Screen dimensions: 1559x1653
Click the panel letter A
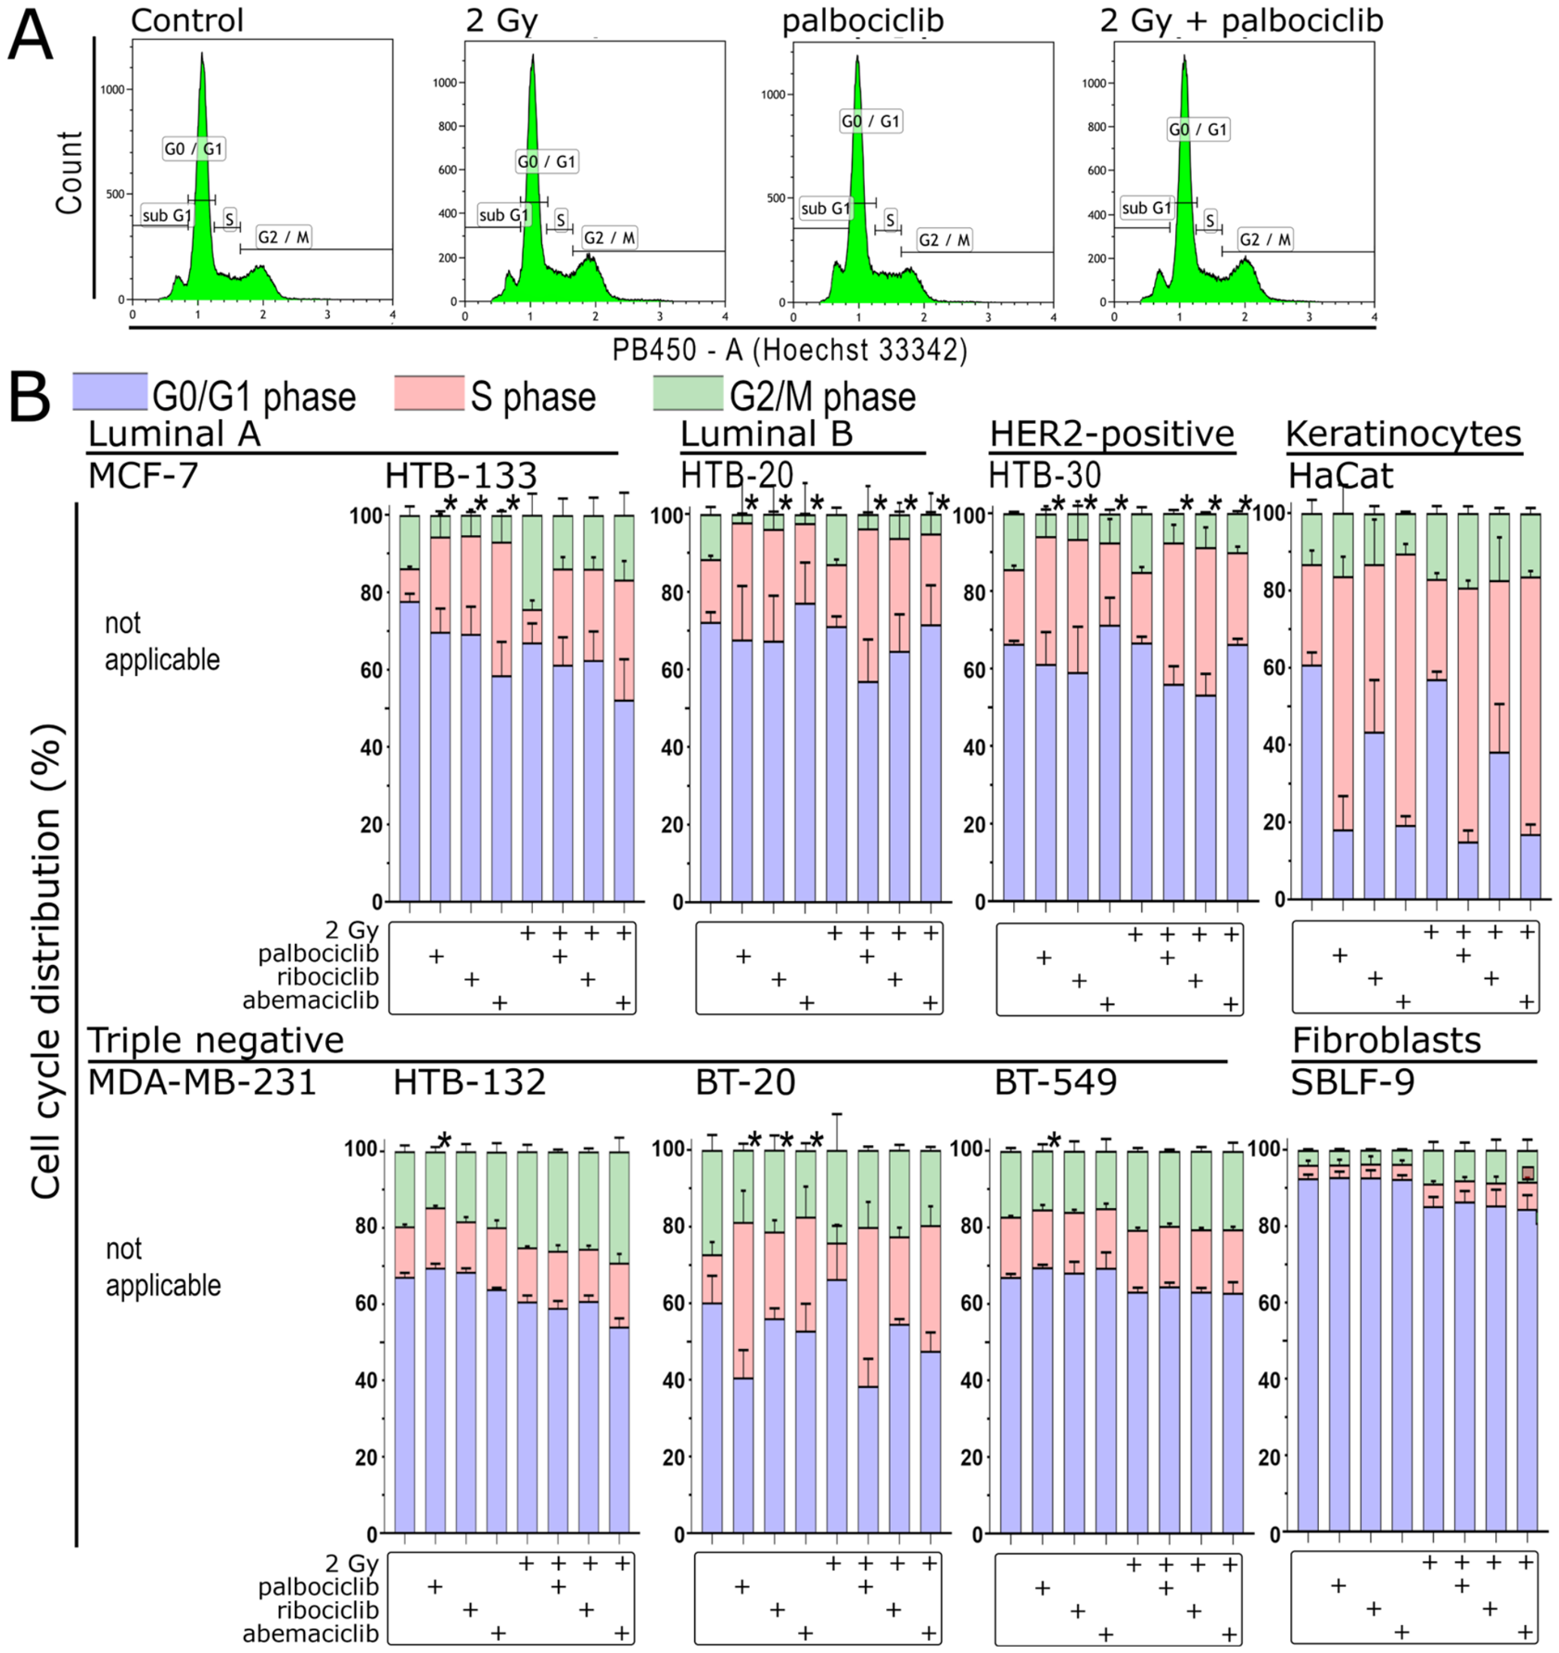coord(30,35)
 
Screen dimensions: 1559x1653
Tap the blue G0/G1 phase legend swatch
coord(109,392)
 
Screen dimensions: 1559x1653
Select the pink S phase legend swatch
coord(429,393)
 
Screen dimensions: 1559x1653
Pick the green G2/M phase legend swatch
coord(688,393)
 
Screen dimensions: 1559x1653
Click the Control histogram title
coord(187,20)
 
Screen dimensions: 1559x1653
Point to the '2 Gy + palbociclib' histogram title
coord(1241,20)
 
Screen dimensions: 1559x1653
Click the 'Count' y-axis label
coord(70,172)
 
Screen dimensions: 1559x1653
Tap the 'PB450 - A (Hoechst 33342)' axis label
coord(790,350)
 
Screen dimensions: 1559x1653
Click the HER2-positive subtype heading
coord(1112,434)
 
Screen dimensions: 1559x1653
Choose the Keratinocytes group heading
coord(1403,434)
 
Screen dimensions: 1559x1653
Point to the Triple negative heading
coord(216,1040)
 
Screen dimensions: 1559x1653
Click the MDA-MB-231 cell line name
coord(202,1082)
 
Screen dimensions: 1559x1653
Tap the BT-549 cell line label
coord(1056,1082)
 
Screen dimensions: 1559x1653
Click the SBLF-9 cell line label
coord(1352,1082)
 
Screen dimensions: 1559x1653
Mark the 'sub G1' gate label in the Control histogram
coord(167,216)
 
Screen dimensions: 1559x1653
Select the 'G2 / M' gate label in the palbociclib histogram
coord(944,240)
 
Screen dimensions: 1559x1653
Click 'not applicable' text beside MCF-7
coord(162,642)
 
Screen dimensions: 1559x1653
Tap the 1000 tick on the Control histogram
coord(112,90)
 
